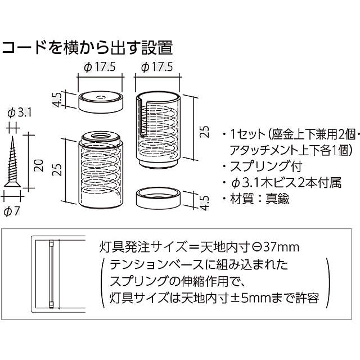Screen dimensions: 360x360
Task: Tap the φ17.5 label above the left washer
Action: pos(100,67)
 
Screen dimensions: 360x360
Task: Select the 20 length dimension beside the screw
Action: pos(38,164)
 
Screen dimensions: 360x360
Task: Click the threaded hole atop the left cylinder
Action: pos(101,136)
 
